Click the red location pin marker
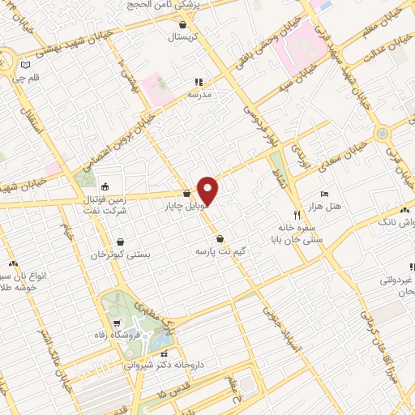[x=208, y=190]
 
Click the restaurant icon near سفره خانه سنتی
[x=297, y=216]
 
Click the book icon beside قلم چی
[x=25, y=64]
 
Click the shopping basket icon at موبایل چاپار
[x=188, y=194]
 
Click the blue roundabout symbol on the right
[x=380, y=132]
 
